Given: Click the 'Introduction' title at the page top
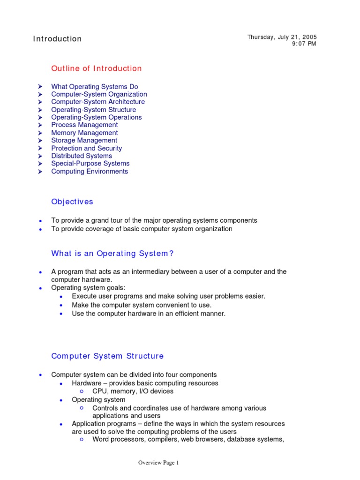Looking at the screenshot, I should (x=57, y=39).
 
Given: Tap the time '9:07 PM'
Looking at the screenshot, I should (x=304, y=44).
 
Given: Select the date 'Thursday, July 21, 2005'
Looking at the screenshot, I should (x=282, y=37).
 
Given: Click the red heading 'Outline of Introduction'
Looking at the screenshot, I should (x=96, y=68).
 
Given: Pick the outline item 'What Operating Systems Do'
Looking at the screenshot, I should (x=95, y=87).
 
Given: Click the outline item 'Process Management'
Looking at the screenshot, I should (x=84, y=125).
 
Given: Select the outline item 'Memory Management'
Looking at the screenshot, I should (x=84, y=133).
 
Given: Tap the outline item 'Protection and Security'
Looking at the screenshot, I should (x=86, y=148).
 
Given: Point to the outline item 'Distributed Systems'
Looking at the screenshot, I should (x=82, y=156).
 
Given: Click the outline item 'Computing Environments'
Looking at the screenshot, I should (x=90, y=171).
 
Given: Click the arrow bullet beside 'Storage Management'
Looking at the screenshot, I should (x=41, y=140).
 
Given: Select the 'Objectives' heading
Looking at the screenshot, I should (x=72, y=202).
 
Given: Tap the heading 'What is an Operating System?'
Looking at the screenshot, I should (x=112, y=254).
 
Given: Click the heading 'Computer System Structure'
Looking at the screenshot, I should (x=107, y=356).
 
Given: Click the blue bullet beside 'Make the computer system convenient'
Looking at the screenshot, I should (x=62, y=305).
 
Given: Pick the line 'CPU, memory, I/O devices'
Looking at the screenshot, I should (x=133, y=391).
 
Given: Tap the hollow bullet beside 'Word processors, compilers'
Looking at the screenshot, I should (x=82, y=439).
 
